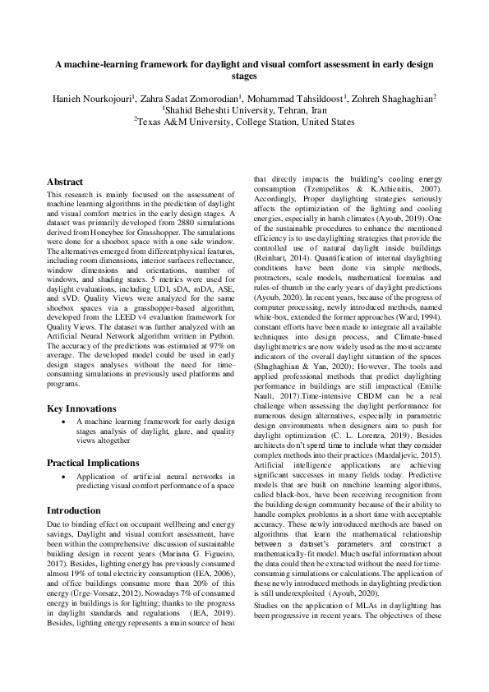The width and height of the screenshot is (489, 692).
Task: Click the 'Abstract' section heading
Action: [65, 181]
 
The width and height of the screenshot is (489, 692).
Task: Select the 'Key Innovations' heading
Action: [81, 408]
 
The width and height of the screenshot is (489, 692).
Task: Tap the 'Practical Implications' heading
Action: [93, 463]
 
